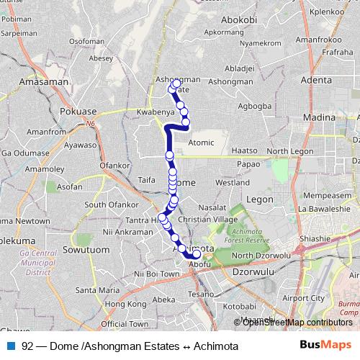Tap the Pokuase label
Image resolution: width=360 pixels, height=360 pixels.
coord(78,112)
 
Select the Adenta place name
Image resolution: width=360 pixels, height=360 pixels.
coord(318,80)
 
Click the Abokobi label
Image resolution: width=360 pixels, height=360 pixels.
coord(240,20)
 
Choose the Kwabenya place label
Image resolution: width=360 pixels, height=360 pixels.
coord(154,113)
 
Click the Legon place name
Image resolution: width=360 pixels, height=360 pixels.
coord(259,198)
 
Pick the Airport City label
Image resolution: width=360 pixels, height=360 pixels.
coord(302,297)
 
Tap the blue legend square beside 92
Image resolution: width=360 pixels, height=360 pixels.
coord(11,346)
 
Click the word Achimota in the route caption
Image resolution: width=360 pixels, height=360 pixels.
coord(213,346)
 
